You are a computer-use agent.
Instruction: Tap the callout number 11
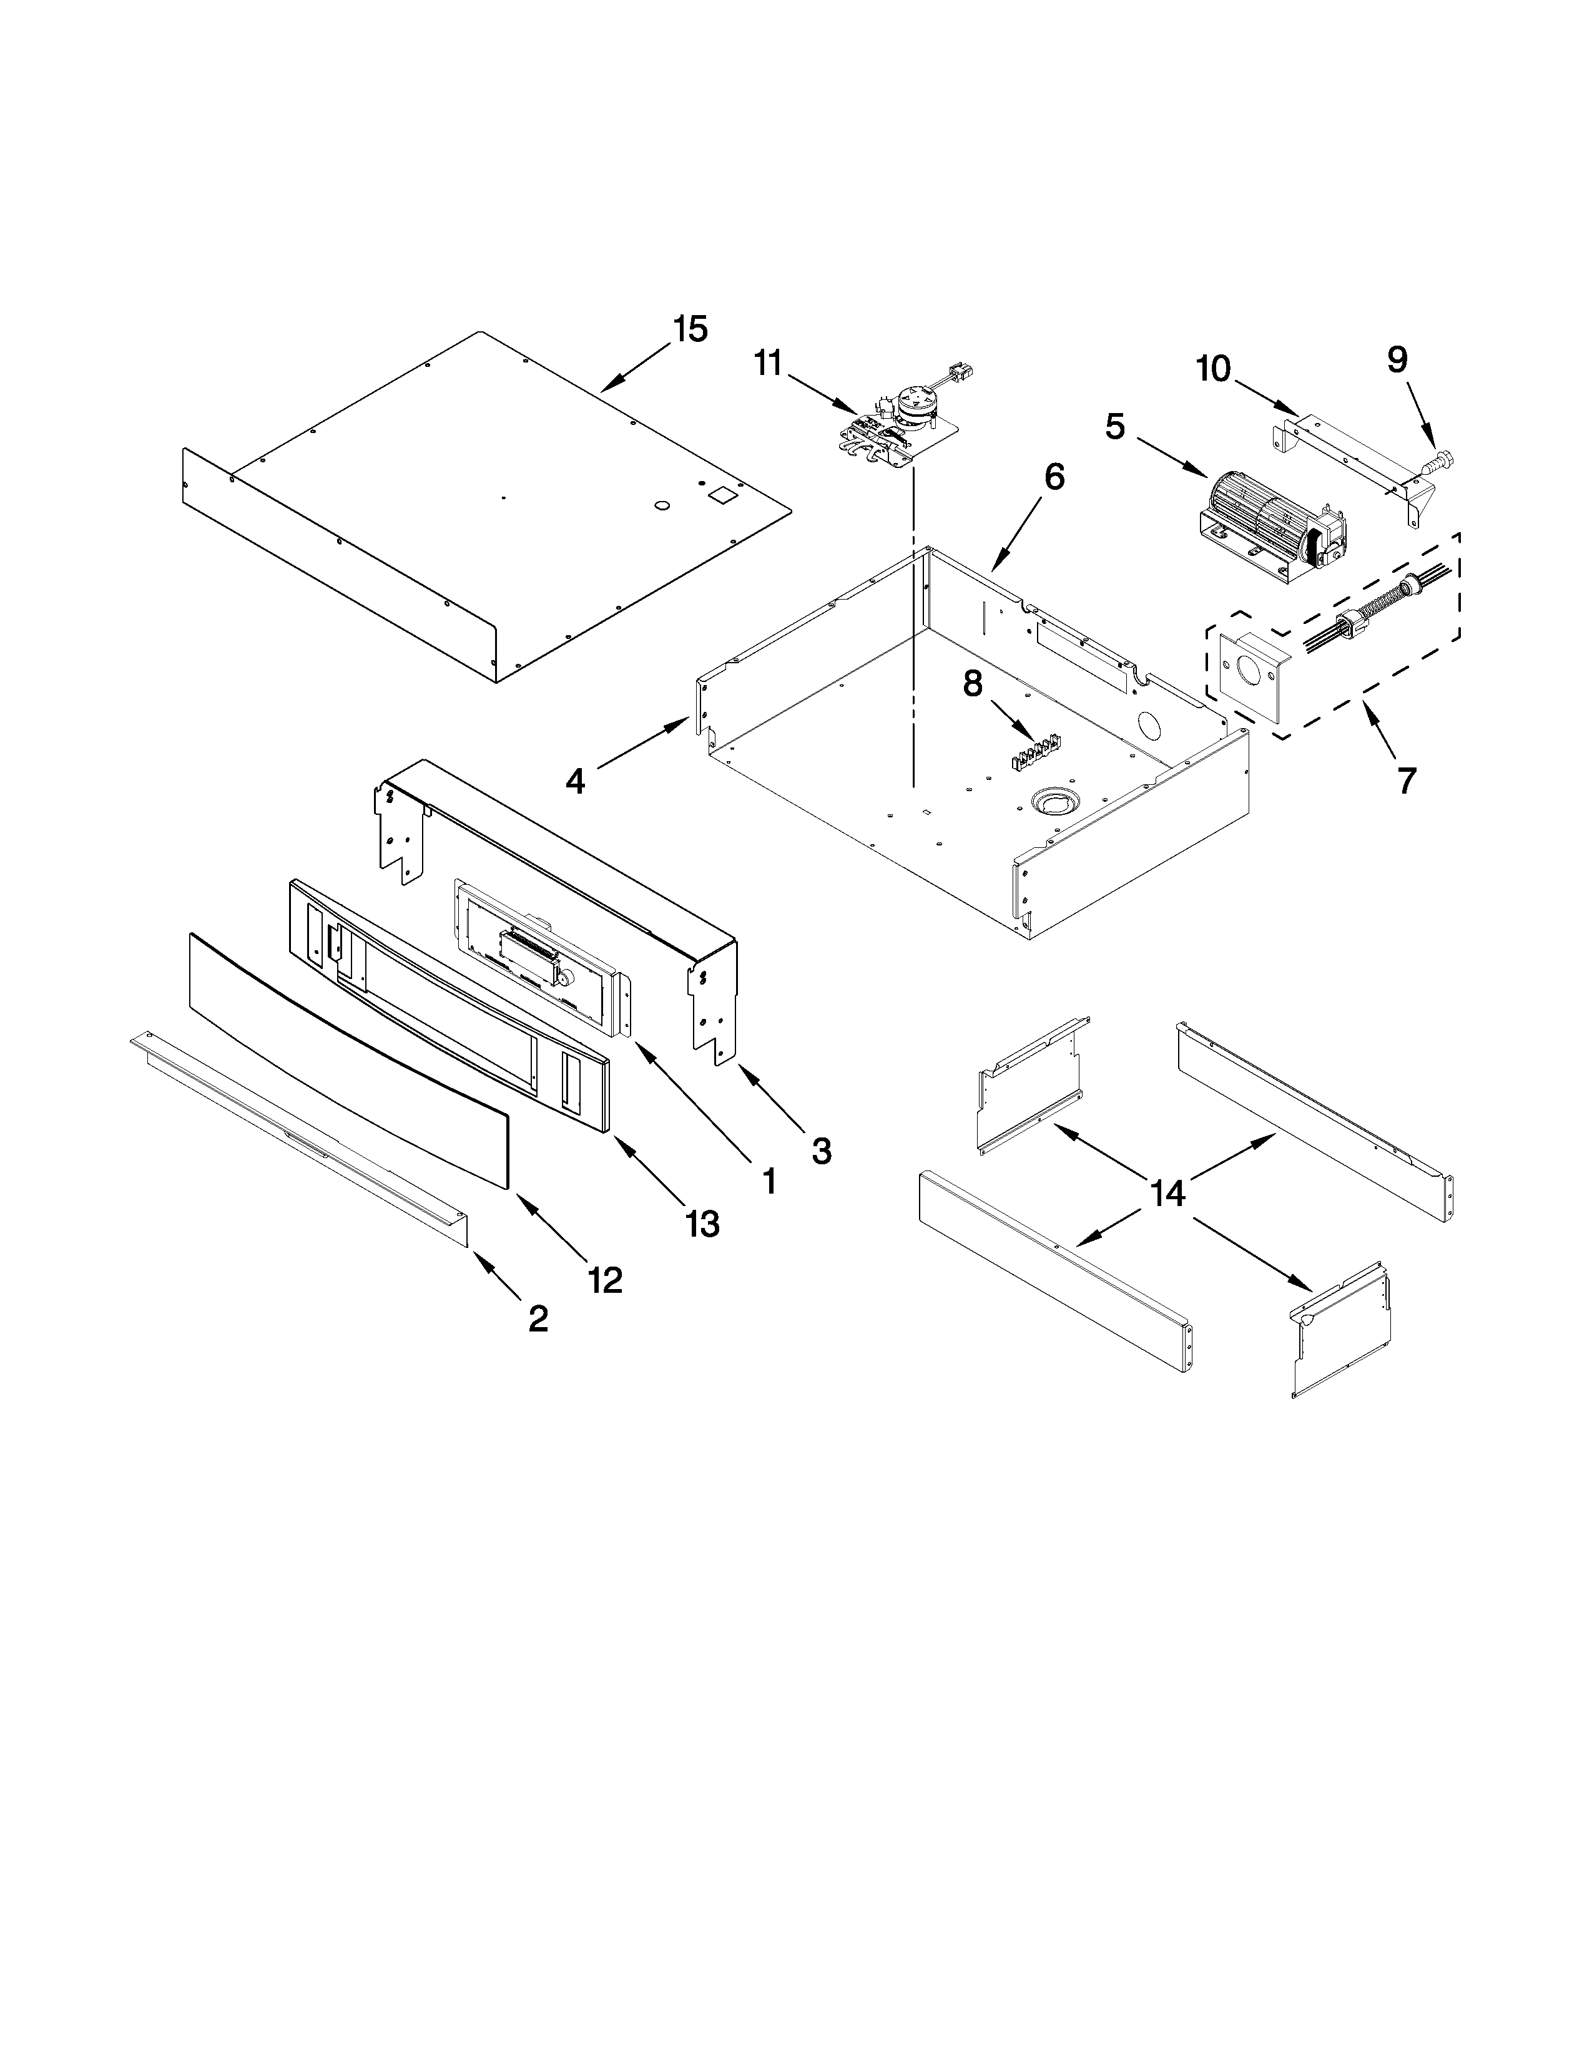tap(768, 363)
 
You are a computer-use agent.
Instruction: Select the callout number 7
tap(1406, 781)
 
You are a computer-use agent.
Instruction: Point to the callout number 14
tap(1167, 1194)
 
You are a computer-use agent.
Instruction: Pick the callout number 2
tap(538, 1318)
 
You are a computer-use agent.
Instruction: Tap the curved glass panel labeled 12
tap(349, 1056)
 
